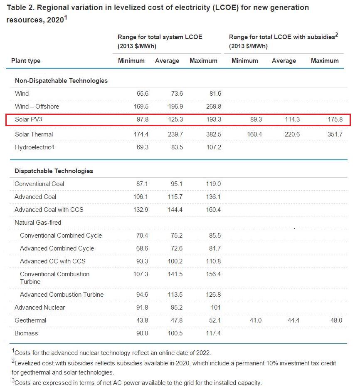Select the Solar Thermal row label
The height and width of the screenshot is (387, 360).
tap(34, 134)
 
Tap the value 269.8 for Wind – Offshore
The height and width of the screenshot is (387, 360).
tap(213, 107)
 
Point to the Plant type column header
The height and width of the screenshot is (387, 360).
tap(26, 61)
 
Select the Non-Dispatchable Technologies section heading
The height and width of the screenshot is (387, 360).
tap(61, 81)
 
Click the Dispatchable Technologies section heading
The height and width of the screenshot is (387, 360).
tap(54, 171)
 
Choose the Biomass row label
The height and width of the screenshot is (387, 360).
tap(26, 333)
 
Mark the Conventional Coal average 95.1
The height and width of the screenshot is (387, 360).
tap(175, 184)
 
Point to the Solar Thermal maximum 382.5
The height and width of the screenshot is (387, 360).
tap(213, 134)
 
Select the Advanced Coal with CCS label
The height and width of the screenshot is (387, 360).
tap(49, 210)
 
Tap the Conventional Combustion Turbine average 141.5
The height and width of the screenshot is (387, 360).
tap(174, 274)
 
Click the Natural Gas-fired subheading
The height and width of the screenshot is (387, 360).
tap(38, 223)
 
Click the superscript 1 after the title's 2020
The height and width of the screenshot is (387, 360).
tap(65, 17)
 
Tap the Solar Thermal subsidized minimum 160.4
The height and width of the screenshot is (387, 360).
tap(254, 134)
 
